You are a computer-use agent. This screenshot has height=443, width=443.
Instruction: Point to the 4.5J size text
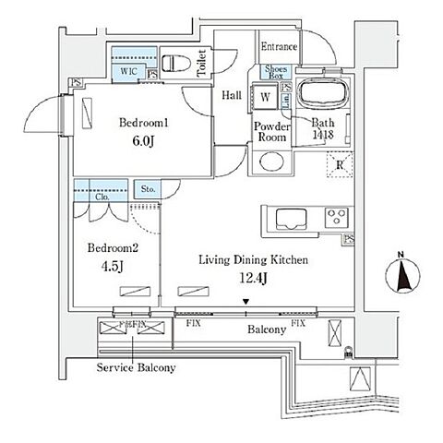point(114,268)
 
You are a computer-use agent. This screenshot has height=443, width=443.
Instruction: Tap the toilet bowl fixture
point(177,63)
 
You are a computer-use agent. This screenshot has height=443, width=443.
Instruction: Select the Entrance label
point(278,47)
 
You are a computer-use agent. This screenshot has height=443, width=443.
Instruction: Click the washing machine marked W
point(265,96)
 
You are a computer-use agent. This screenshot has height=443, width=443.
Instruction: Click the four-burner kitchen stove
point(338,220)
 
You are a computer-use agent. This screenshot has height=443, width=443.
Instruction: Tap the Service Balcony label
point(137,367)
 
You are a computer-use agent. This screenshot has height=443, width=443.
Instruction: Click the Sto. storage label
point(147,190)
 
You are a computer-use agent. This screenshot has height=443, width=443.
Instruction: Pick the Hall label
point(231,94)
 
